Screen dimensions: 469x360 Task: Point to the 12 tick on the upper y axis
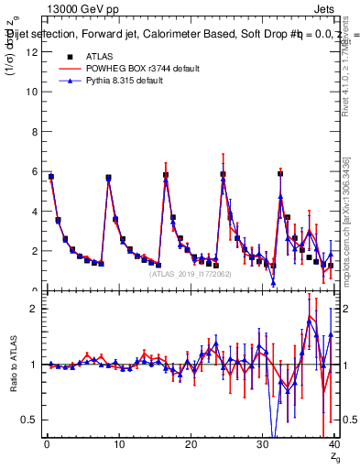pyautogui.click(x=32, y=52)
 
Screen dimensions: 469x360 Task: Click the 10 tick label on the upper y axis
pyautogui.click(x=32, y=92)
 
